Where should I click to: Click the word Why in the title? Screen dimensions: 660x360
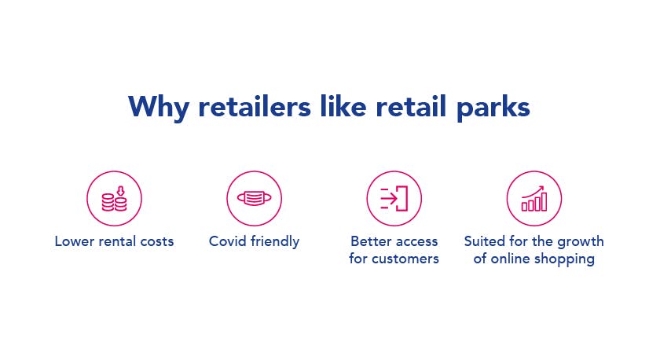tap(159, 108)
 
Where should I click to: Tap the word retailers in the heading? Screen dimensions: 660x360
tap(255, 106)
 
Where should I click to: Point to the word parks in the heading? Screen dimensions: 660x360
tap(493, 108)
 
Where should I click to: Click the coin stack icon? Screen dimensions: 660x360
tap(114, 199)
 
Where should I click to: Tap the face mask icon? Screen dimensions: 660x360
tap(255, 198)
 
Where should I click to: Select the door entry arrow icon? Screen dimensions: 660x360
tap(394, 198)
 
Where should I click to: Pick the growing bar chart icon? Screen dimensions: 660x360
tap(534, 198)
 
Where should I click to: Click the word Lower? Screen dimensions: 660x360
tap(75, 241)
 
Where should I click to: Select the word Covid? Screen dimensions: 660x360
tap(228, 241)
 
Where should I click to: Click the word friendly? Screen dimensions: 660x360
tap(275, 241)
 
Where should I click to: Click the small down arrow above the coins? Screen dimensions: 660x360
tap(121, 191)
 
